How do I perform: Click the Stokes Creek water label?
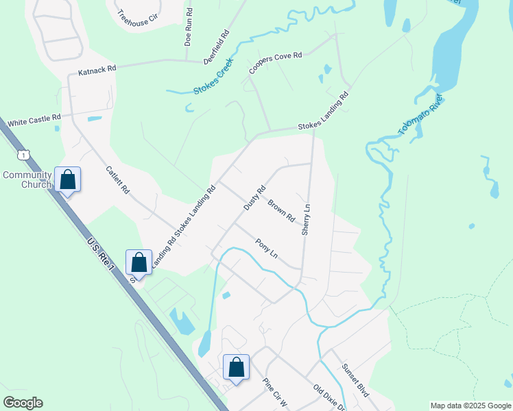point(213,76)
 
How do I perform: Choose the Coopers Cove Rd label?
point(276,62)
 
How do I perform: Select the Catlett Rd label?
point(119,179)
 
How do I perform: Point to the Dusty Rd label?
point(254,198)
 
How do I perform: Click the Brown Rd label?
point(281,210)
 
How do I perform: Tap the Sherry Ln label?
point(307,220)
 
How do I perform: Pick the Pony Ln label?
point(266,248)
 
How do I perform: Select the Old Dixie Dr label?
point(329,397)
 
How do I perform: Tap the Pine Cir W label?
point(278,393)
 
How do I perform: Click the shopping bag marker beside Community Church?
point(68,180)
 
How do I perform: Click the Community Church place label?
point(27,179)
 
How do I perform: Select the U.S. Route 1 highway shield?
point(25,155)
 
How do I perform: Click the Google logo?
point(23,403)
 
